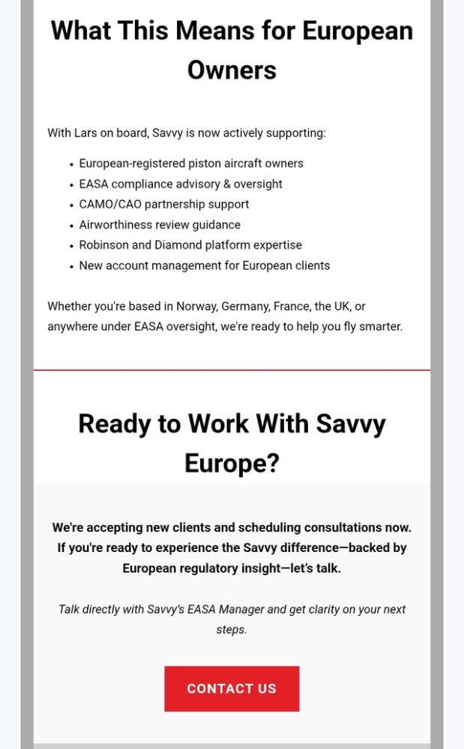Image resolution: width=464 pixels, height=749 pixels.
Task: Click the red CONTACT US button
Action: [232, 688]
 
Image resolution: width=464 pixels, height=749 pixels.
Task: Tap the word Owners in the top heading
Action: [232, 70]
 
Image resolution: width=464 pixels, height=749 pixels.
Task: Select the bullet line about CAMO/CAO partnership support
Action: [164, 204]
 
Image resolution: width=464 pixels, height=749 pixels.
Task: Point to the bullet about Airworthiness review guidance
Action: [160, 225]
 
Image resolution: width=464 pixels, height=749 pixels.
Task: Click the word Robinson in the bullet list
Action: [103, 245]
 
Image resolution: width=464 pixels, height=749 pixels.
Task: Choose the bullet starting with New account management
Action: [204, 265]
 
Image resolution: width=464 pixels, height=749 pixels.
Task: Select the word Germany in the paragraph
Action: [244, 306]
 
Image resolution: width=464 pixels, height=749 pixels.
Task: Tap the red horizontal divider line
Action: [232, 370]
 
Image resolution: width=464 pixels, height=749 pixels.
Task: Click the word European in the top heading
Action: [358, 31]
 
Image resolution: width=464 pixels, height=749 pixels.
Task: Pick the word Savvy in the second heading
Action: [350, 424]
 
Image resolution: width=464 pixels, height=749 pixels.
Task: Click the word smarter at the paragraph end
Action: [381, 327]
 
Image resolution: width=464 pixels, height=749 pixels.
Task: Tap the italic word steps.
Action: [231, 629]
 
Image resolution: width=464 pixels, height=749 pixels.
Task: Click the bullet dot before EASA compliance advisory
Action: [70, 184]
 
